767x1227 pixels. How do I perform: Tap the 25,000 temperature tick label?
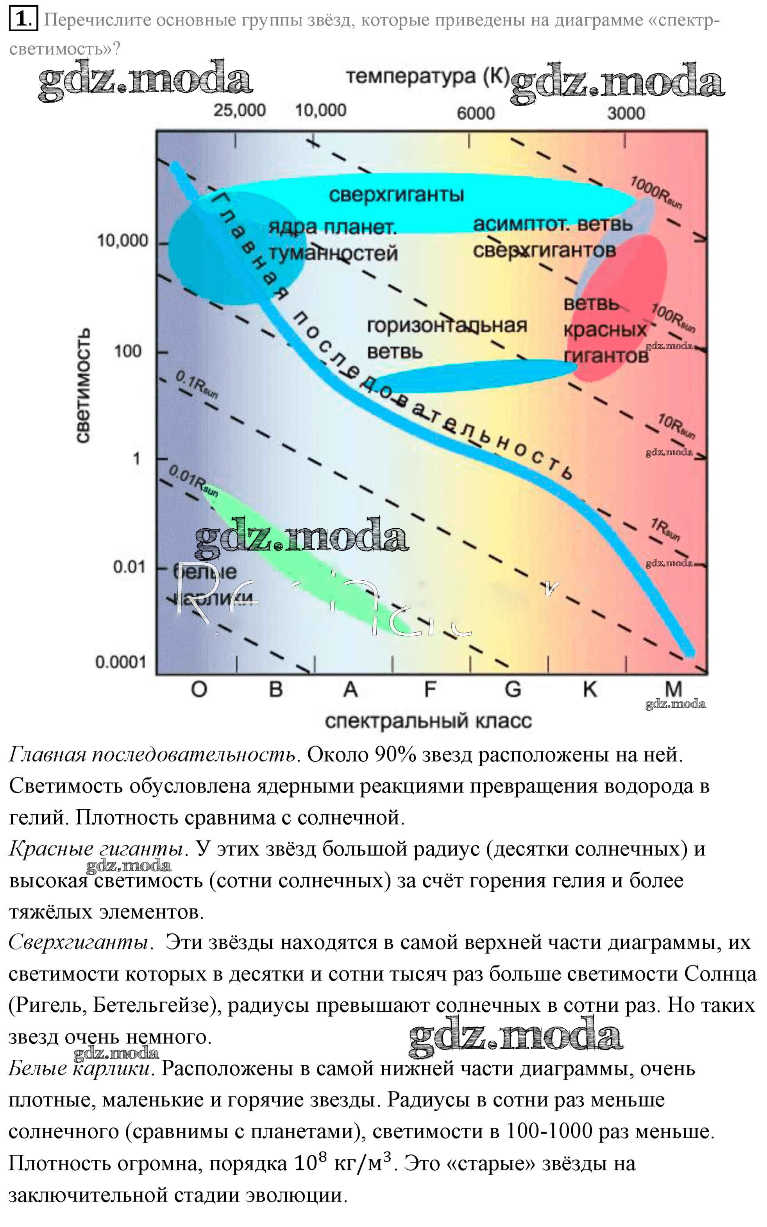240,111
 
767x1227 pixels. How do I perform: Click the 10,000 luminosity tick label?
123,240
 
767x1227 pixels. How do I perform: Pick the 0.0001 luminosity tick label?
121,662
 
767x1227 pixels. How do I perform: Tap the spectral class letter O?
199,690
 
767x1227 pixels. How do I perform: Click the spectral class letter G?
513,690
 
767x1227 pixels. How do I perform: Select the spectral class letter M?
673,690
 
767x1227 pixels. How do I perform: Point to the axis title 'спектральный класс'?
428,721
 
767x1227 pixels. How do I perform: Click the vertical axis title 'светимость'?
84,386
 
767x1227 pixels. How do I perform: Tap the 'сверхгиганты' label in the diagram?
396,195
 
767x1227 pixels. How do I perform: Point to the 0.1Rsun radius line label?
197,384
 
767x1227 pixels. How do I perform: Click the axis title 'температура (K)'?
427,77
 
